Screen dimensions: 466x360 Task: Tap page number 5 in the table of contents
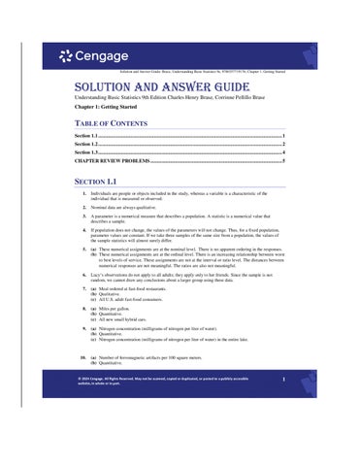pyautogui.click(x=283, y=162)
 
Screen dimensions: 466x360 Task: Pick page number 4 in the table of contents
pyautogui.click(x=283, y=153)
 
